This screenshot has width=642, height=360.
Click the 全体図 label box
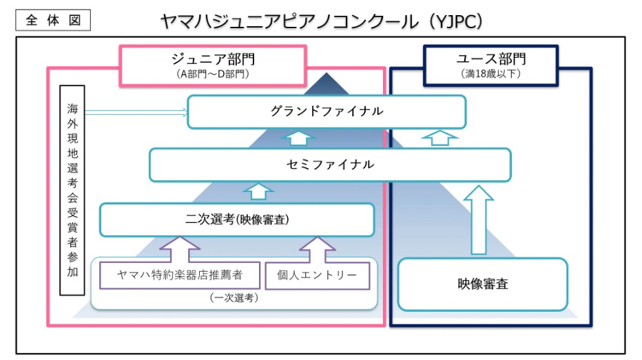[53, 20]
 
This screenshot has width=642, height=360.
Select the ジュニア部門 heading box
[213, 65]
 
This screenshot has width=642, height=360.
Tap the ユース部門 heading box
[491, 65]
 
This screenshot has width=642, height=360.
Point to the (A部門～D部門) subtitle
[213, 74]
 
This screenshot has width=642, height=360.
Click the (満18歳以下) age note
[491, 74]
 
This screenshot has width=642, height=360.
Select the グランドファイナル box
[327, 112]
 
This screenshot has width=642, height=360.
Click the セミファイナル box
[330, 165]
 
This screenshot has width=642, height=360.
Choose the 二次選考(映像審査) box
[237, 220]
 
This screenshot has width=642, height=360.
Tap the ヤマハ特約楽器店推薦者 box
[180, 275]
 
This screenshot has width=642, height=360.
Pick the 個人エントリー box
[318, 275]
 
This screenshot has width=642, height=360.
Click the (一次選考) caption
[234, 298]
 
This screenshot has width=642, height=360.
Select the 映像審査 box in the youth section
[483, 284]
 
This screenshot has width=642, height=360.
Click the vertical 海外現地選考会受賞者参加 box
[72, 190]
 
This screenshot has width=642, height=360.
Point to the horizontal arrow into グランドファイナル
[136, 112]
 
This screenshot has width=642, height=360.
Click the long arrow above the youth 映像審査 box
[479, 220]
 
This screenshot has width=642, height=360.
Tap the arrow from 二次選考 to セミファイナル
[258, 191]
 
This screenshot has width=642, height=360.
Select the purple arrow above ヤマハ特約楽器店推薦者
[180, 249]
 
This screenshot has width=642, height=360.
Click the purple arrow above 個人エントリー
[318, 249]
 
